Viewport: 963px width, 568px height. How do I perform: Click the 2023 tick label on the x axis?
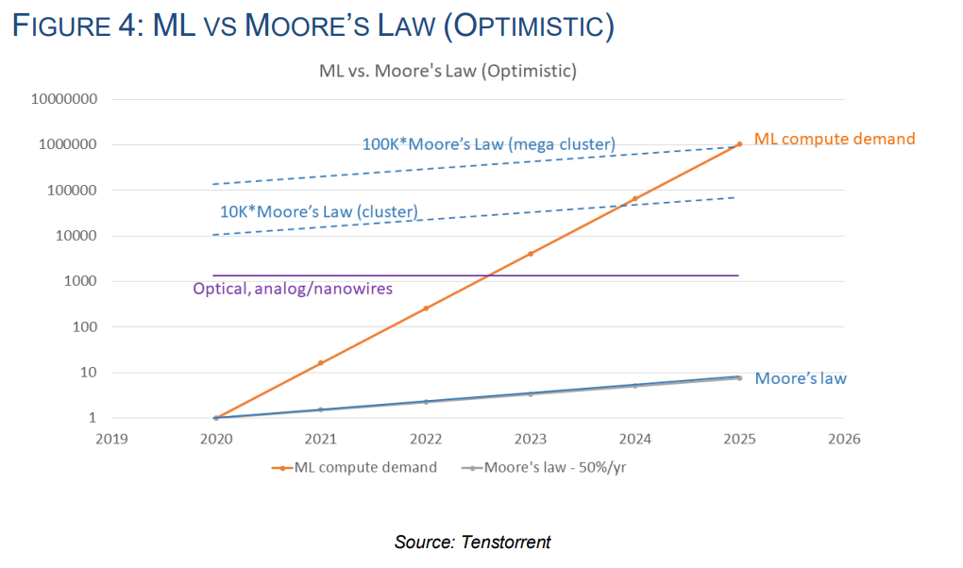(x=531, y=438)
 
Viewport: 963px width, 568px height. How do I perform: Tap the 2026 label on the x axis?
(x=843, y=438)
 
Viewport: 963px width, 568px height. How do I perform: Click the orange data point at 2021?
(x=321, y=363)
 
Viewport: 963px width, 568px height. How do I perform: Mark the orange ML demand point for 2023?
(x=531, y=254)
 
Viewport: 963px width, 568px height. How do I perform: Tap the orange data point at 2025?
(x=739, y=143)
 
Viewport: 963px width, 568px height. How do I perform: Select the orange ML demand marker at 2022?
(x=426, y=309)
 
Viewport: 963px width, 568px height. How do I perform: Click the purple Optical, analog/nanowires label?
(x=292, y=289)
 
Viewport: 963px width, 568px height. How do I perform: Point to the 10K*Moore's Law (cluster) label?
(x=318, y=211)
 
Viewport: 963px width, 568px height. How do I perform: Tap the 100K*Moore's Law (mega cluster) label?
(x=488, y=144)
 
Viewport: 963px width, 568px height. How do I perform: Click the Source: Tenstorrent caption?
(x=472, y=542)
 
